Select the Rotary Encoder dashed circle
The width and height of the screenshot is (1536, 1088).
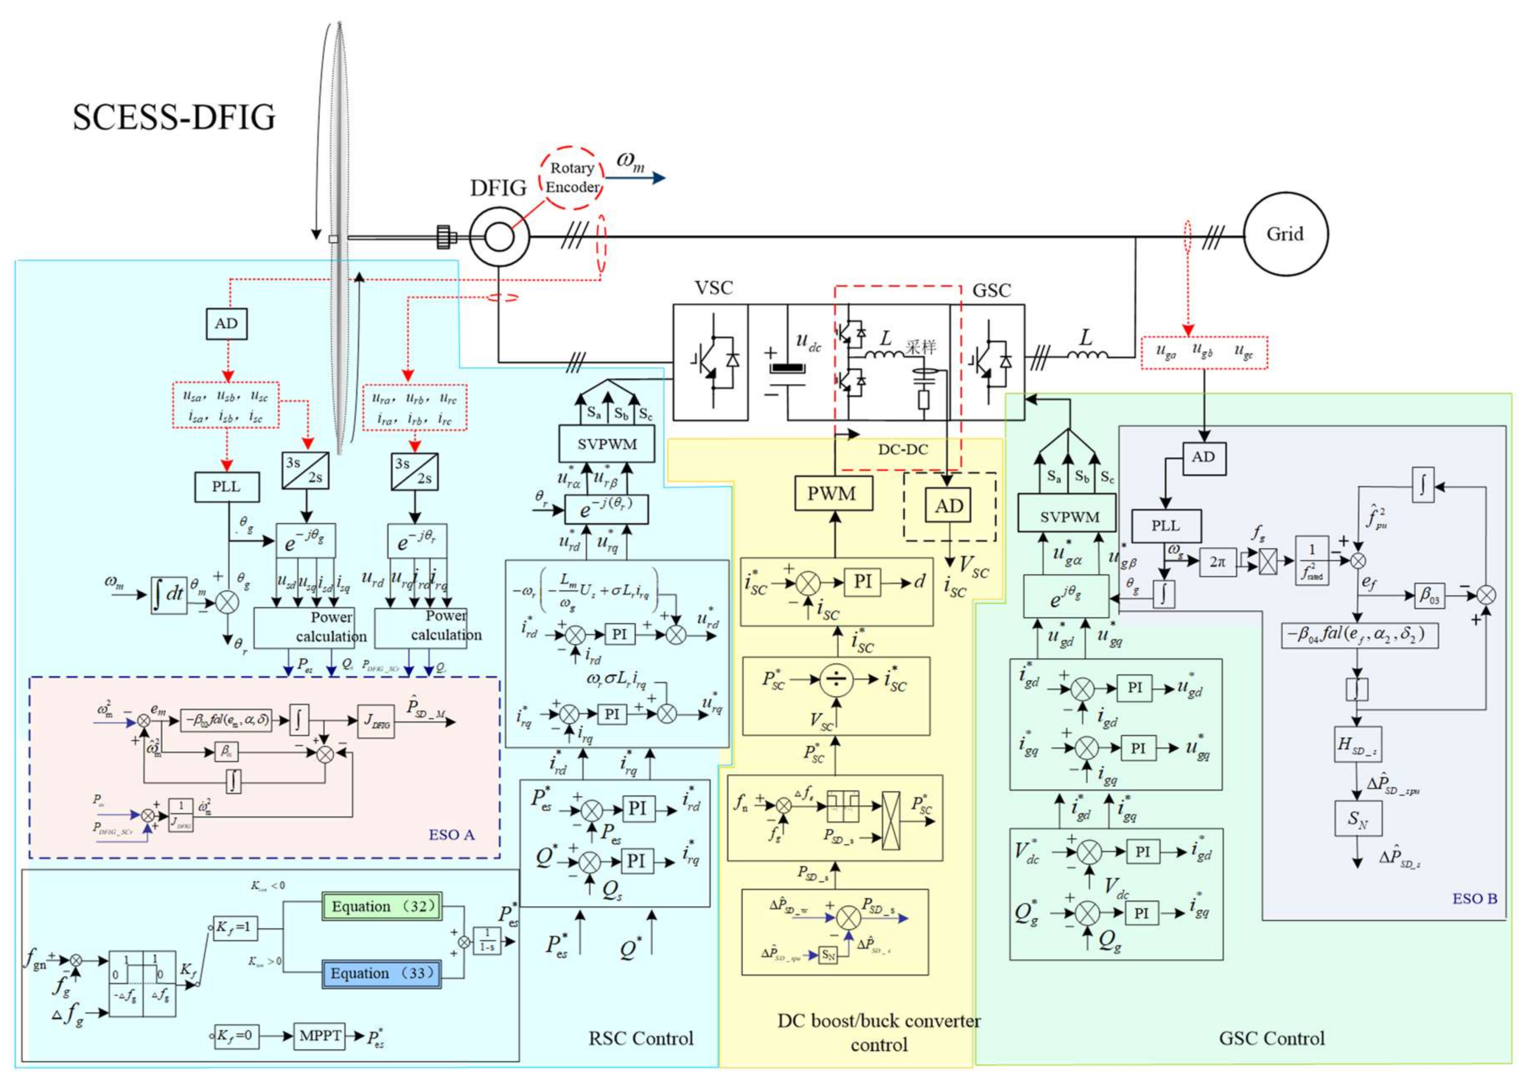[572, 178]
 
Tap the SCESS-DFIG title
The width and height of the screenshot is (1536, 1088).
[174, 117]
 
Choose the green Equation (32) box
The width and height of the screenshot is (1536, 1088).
[383, 907]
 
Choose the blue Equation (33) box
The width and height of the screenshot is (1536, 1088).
[382, 973]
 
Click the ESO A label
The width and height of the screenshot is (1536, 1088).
[451, 835]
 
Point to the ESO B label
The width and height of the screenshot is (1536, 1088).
[1474, 899]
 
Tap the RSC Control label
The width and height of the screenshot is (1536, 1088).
[641, 1039]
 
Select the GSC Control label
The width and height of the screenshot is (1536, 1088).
[1271, 1039]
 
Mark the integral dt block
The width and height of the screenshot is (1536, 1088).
[168, 595]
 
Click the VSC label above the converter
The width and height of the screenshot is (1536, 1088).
[713, 289]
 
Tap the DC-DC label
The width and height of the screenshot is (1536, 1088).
[903, 450]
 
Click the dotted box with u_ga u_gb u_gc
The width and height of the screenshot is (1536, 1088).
[1204, 353]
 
